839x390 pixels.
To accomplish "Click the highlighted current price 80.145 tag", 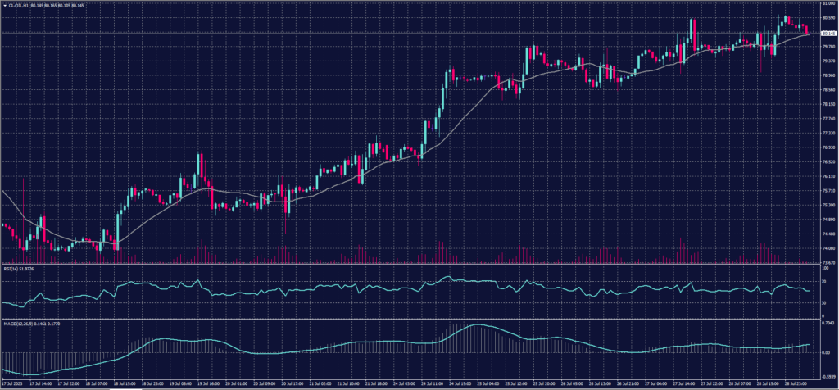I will click(x=827, y=34).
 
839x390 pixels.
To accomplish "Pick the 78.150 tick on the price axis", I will click(x=827, y=104).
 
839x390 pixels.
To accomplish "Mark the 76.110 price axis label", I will click(x=827, y=175).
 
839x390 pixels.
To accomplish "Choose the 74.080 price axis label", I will click(x=827, y=247).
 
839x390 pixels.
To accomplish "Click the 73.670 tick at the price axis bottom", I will click(x=827, y=261).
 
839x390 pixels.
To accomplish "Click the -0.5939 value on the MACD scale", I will click(x=827, y=374).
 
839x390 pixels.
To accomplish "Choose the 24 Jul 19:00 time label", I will click(x=457, y=383).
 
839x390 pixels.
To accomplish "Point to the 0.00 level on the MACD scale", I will click(x=823, y=352).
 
